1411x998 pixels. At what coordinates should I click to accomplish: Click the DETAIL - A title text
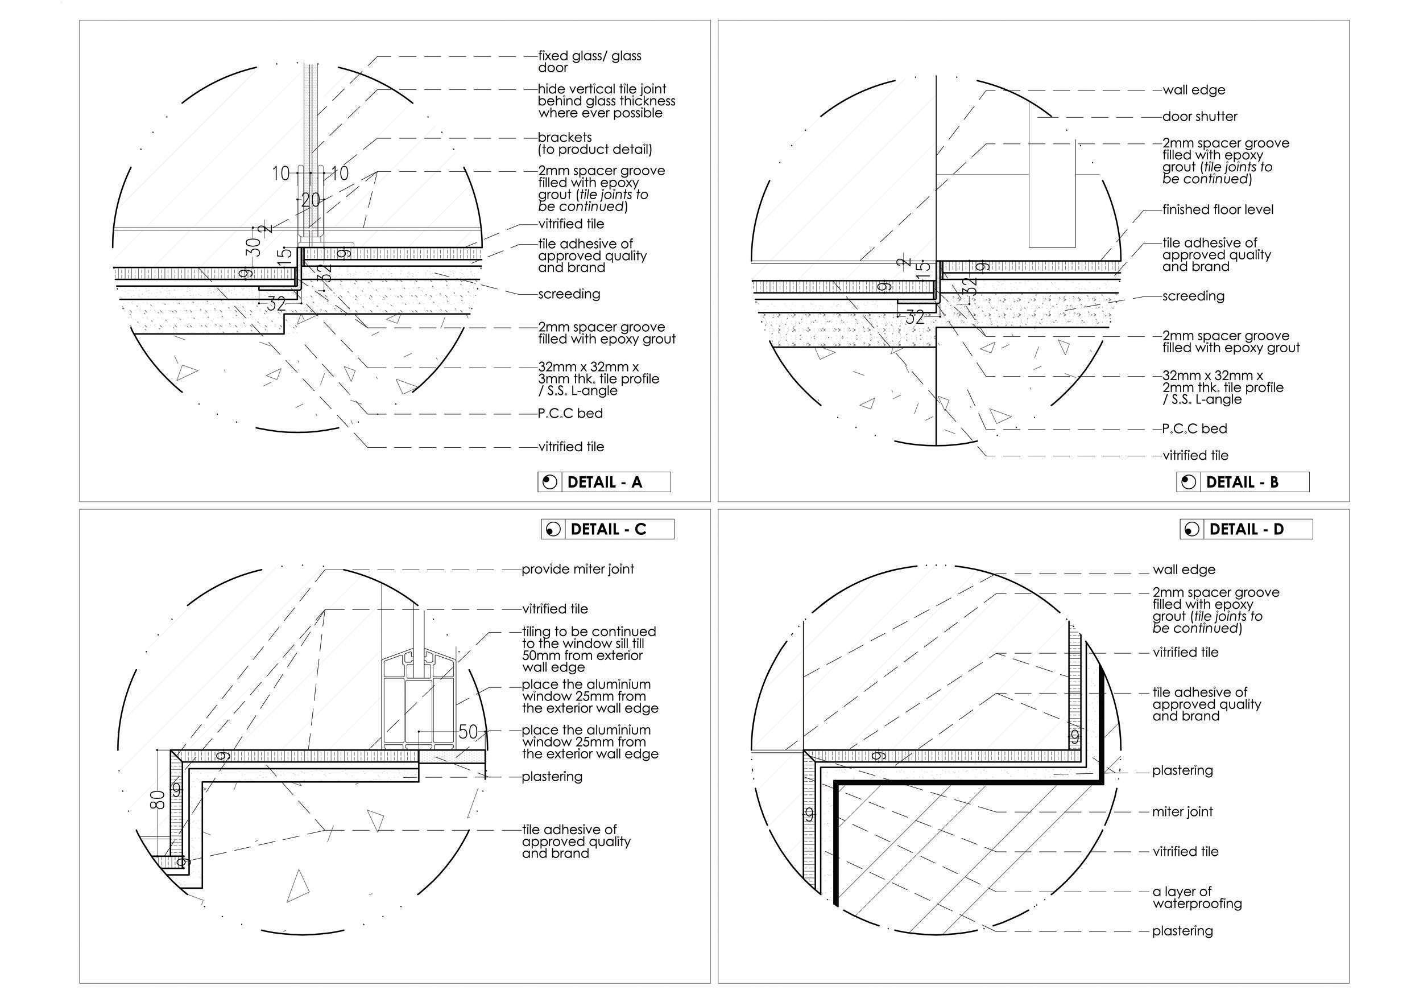[604, 482]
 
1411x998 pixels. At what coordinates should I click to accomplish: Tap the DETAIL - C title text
[608, 529]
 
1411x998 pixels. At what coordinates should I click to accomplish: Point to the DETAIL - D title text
[1246, 529]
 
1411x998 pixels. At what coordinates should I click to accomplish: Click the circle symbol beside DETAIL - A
[549, 482]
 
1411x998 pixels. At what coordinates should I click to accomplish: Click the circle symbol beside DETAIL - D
[1191, 529]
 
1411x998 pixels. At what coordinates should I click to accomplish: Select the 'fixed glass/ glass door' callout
[589, 61]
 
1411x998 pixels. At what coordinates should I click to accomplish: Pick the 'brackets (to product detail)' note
[594, 143]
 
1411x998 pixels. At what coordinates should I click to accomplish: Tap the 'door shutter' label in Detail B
[1199, 116]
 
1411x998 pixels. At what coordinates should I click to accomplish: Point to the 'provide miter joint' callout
[578, 570]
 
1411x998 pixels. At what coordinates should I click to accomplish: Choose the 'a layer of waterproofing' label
[1197, 897]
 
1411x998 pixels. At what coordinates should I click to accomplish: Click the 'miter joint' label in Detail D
[1182, 812]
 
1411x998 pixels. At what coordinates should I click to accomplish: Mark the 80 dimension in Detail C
[158, 800]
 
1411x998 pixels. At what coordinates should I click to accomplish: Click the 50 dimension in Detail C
[467, 732]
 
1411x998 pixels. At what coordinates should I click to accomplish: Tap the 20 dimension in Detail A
[311, 199]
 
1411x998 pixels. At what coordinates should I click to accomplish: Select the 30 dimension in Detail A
[253, 246]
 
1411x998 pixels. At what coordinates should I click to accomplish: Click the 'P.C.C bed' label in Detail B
[1194, 428]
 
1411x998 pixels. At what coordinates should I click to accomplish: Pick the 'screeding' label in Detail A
[569, 294]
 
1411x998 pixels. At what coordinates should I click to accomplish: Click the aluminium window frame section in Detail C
[418, 704]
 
